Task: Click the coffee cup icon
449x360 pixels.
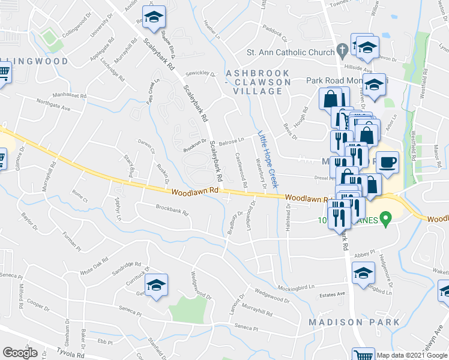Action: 388,162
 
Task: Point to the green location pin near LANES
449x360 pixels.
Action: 388,220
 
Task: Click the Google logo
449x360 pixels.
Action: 20,353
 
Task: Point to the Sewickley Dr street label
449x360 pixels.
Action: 200,74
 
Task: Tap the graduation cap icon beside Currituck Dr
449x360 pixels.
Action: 156,285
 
